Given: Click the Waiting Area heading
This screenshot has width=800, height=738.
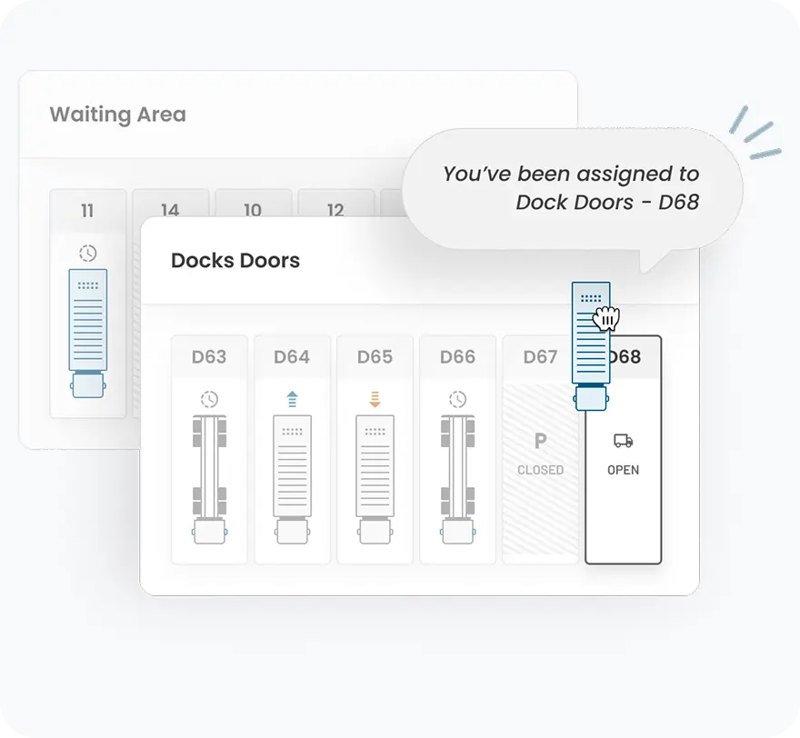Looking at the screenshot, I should coord(117,115).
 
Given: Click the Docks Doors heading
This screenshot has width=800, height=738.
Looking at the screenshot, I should coord(235,261).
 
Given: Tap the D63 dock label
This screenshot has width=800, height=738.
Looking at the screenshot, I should coord(209,357).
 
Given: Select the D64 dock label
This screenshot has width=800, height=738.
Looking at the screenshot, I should coord(292,357).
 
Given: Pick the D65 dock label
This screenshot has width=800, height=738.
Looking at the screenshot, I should coord(375,357).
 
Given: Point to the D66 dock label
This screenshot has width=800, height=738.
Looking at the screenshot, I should coord(457,357).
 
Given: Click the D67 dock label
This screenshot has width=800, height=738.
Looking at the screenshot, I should coord(539,357).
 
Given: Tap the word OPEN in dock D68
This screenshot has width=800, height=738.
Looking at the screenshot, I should coord(623,470).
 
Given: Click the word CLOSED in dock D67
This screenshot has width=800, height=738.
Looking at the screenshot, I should coord(540,470).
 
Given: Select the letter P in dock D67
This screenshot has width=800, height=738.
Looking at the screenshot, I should coord(540,442).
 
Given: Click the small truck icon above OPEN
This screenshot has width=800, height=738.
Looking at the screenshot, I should coord(623,441).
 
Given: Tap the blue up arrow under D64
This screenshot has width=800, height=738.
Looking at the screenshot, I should coord(292,398).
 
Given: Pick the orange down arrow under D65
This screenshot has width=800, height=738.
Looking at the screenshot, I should coord(375,398).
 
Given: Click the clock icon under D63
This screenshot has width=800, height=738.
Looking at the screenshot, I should coord(209,399).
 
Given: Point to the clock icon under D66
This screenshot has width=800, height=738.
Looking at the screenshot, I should coord(457,399).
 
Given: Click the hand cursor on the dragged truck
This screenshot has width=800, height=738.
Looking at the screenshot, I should coord(605,319).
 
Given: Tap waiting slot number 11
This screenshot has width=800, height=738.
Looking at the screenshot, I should coord(87,211).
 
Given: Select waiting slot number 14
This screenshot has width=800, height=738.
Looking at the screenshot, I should coord(170,210).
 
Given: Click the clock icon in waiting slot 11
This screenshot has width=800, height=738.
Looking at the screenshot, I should coord(87,254).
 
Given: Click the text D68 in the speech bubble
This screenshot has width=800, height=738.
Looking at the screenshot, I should coord(678,202).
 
